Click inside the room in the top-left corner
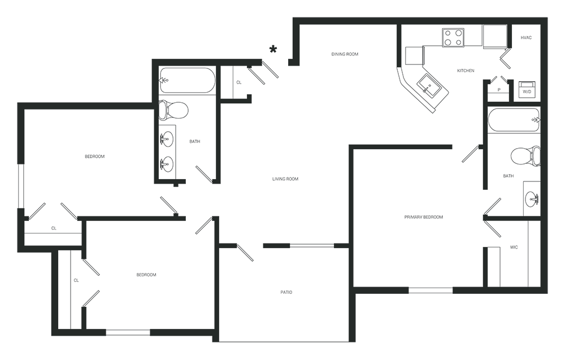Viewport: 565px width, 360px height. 85,59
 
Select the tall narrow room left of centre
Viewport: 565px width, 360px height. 186,122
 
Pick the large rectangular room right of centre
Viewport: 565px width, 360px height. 418,218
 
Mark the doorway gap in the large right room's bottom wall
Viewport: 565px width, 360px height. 429,288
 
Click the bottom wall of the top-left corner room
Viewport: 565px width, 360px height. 85,103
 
